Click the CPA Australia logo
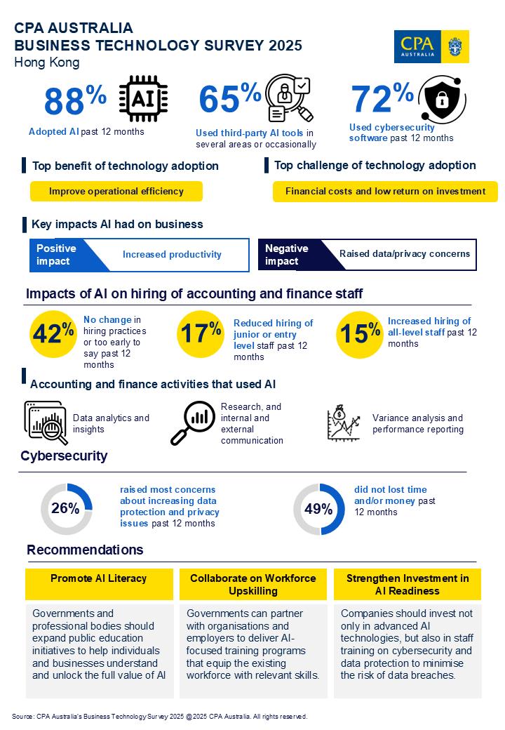pos(431,46)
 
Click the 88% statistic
pos(75,100)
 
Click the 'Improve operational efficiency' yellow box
pos(116,191)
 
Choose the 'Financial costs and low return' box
pos(385,191)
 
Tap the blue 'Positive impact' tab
pos(63,255)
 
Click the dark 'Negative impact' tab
pos(288,255)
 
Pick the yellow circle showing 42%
pos(53,333)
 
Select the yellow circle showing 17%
pos(200,333)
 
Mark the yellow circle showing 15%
pos(360,333)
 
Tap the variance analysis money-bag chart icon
pos(344,423)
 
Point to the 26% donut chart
pos(66,509)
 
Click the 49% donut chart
pos(318,509)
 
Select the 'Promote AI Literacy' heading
pos(99,578)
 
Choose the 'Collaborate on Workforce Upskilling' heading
pos(253,584)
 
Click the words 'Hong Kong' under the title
pos(46,62)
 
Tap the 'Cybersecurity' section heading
pos(64,456)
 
